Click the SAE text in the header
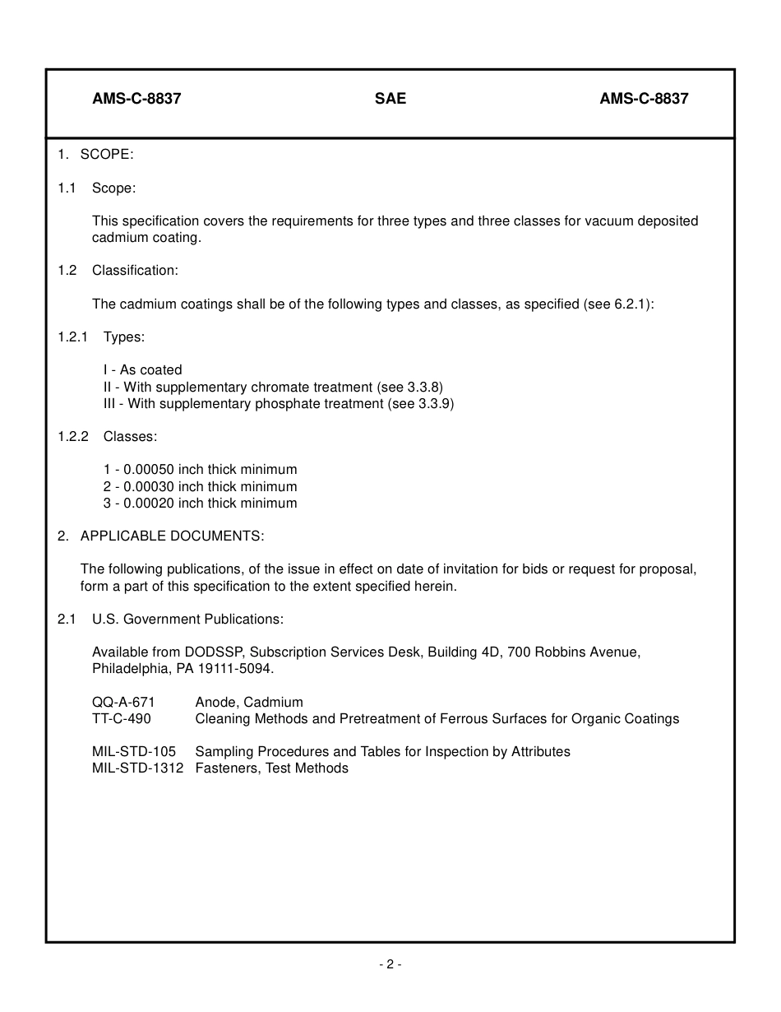click(390, 99)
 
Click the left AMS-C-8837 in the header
click(136, 99)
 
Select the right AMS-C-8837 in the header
click(644, 99)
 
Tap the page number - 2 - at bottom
click(390, 965)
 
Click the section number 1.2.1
click(72, 337)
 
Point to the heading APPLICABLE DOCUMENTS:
click(172, 536)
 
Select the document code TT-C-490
click(122, 719)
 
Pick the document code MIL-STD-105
click(134, 752)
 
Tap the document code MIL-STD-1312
click(138, 768)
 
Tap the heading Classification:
click(135, 271)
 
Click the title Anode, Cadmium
click(249, 702)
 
